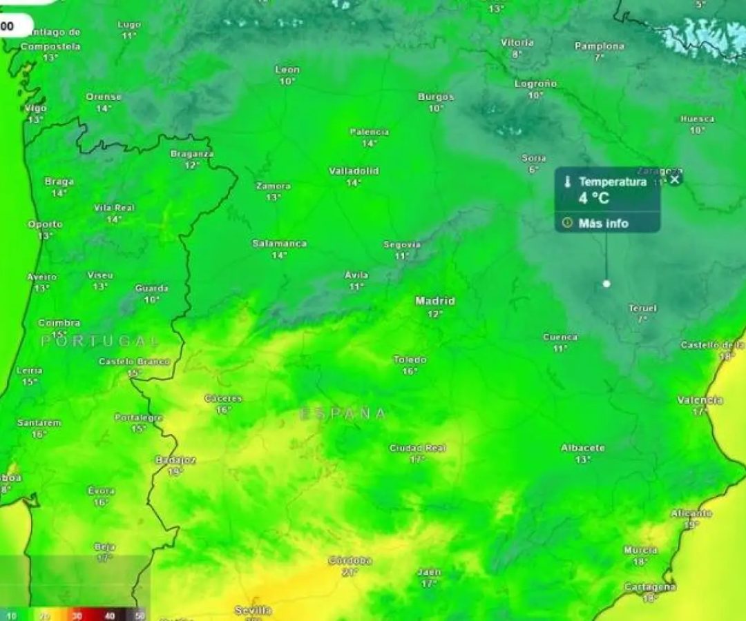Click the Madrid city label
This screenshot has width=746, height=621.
click(x=435, y=301)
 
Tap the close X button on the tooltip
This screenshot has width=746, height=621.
click(x=676, y=179)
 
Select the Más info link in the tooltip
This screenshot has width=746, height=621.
click(x=603, y=223)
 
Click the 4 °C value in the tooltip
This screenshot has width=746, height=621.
click(x=594, y=198)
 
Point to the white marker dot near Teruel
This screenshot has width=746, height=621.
click(x=606, y=284)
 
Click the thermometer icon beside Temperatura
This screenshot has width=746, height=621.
click(x=567, y=182)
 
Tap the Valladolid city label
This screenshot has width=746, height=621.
click(x=354, y=171)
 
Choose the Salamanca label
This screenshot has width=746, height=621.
click(x=279, y=244)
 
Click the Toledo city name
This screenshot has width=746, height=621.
click(x=410, y=359)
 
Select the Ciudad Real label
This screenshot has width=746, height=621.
click(x=417, y=448)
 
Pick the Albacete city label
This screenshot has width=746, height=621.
click(x=582, y=448)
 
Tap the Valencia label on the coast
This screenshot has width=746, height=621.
click(x=700, y=400)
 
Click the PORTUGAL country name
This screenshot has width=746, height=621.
click(x=100, y=341)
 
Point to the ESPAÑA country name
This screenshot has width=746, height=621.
click(x=343, y=414)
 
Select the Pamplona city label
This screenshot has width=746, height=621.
click(x=599, y=46)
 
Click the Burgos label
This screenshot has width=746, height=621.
click(x=436, y=97)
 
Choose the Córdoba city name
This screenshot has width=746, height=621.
click(x=350, y=560)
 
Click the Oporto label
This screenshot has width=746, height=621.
click(x=45, y=224)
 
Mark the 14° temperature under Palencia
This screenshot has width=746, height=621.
click(x=370, y=144)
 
